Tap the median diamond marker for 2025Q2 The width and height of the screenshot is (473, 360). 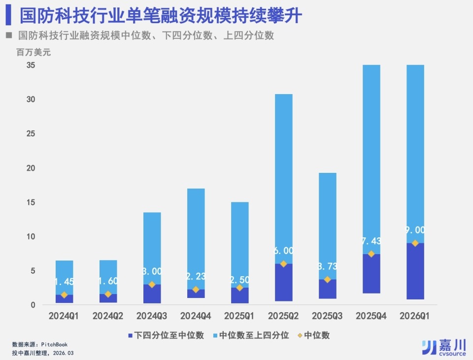[x=283, y=264]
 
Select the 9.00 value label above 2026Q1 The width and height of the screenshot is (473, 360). [x=415, y=230]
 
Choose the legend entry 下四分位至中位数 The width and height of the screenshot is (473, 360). [x=166, y=335]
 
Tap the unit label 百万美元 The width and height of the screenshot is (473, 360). [x=33, y=52]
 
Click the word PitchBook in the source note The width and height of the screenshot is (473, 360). [x=54, y=345]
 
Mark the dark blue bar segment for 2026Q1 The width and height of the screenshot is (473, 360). [x=415, y=271]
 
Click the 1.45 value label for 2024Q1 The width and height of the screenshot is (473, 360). [x=64, y=282]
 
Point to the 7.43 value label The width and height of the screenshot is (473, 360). [x=372, y=241]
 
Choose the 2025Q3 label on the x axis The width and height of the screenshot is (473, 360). [x=327, y=316]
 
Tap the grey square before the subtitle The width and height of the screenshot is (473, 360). [x=8, y=35]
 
